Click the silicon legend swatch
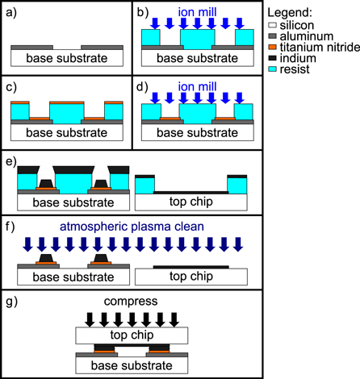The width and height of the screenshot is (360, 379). pyautogui.click(x=275, y=27)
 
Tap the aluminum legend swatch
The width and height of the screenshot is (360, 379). pyautogui.click(x=275, y=38)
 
